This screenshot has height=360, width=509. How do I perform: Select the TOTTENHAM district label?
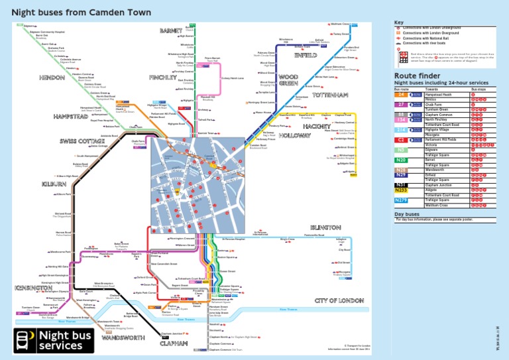tap(328, 96)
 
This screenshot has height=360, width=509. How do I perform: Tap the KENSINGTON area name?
tap(33, 288)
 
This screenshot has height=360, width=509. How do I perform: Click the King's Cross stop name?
tap(287, 239)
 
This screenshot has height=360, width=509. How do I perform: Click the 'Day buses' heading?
tap(408, 214)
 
